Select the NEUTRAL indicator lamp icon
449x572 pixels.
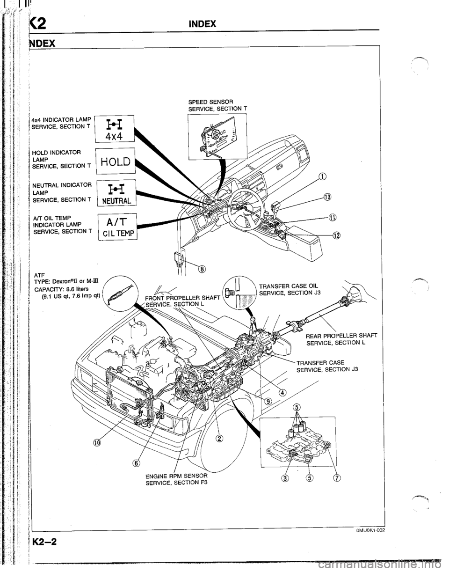[x=115, y=196]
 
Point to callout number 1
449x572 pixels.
[x=321, y=176]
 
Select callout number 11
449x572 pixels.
[x=332, y=217]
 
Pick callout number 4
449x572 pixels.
[x=285, y=392]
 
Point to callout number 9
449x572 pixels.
[x=268, y=401]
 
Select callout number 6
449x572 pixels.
[x=137, y=463]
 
